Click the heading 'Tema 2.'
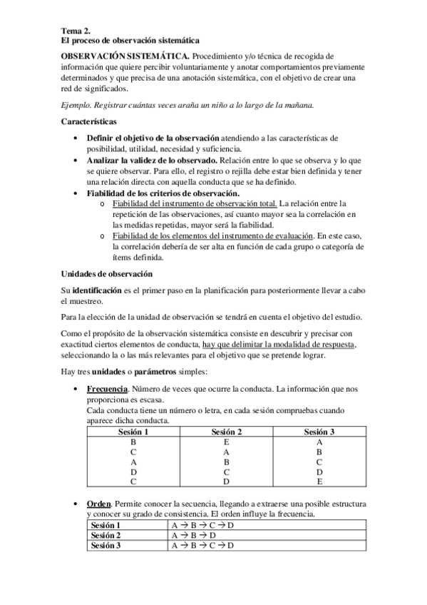coord(76,31)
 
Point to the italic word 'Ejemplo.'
coord(78,106)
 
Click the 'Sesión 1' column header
coord(133,432)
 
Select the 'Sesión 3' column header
coord(319,432)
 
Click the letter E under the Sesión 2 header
coord(226,442)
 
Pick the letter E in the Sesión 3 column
coord(319,482)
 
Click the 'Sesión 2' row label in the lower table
coord(106,534)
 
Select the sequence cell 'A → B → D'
coord(193,534)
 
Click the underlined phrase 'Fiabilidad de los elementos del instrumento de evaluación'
coord(212,235)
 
